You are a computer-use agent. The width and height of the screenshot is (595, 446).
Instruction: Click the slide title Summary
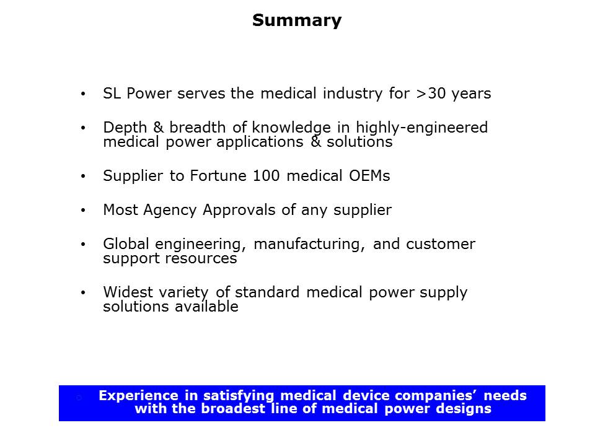(x=297, y=21)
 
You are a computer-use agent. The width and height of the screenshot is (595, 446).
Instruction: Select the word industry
(x=353, y=94)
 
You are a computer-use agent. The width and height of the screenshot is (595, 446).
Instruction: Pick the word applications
(x=260, y=142)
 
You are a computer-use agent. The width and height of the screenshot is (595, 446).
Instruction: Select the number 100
(x=267, y=176)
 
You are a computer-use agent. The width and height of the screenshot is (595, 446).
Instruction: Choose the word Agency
(x=170, y=211)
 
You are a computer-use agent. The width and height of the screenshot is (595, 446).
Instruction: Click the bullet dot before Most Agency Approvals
(x=83, y=210)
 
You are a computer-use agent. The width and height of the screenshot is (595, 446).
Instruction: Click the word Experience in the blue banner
(x=138, y=396)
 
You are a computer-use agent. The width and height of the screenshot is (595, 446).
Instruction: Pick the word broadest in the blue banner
(x=233, y=409)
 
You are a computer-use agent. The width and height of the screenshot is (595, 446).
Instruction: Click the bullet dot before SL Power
(x=83, y=94)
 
